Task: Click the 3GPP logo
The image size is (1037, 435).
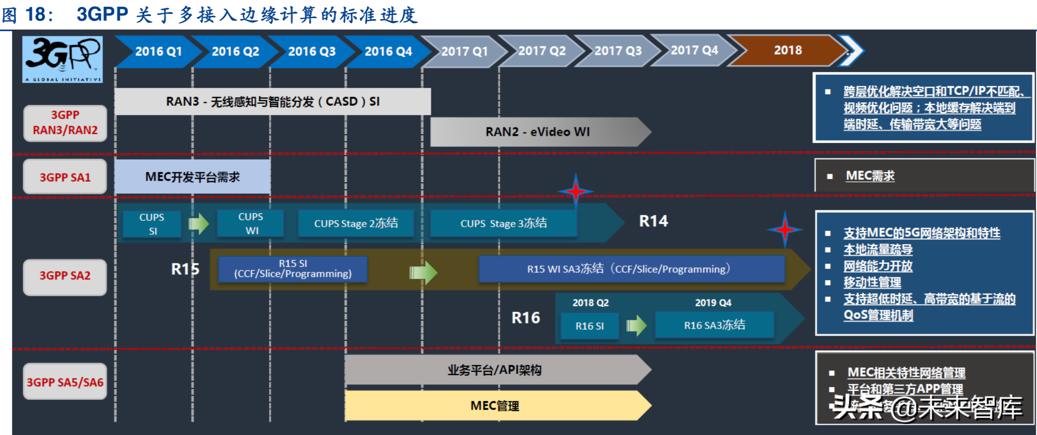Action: pyautogui.click(x=63, y=59)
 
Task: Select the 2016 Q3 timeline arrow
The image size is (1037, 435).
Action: pyautogui.click(x=311, y=52)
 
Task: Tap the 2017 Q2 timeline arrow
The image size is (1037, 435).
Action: pyautogui.click(x=541, y=51)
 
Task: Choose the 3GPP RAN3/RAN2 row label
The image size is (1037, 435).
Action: pyautogui.click(x=65, y=123)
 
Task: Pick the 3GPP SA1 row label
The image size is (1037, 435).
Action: pyautogui.click(x=65, y=177)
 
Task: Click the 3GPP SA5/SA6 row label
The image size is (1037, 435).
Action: pyautogui.click(x=65, y=382)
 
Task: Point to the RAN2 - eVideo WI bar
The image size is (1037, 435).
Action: pyautogui.click(x=537, y=132)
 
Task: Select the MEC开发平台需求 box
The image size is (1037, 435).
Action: pyautogui.click(x=192, y=177)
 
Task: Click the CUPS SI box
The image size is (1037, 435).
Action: pyautogui.click(x=152, y=224)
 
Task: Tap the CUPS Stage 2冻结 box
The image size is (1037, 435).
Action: pyautogui.click(x=356, y=223)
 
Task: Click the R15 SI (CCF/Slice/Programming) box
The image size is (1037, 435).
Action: pyautogui.click(x=293, y=269)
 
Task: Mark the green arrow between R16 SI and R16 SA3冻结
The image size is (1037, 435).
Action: pyautogui.click(x=636, y=325)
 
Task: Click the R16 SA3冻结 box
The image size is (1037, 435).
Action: pyautogui.click(x=714, y=325)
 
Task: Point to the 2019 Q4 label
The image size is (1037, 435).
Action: pyautogui.click(x=713, y=303)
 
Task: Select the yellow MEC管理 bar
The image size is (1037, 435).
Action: pyautogui.click(x=494, y=405)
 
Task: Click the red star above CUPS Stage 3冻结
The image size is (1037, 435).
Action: pyautogui.click(x=576, y=191)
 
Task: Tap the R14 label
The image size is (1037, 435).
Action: pyautogui.click(x=653, y=221)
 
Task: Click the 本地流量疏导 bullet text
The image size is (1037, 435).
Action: pyautogui.click(x=878, y=250)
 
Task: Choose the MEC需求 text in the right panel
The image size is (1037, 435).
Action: pyautogui.click(x=870, y=176)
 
